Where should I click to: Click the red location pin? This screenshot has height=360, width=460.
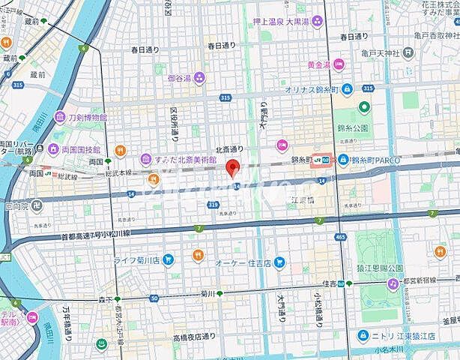(233, 167)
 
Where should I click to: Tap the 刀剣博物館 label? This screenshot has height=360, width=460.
(85, 117)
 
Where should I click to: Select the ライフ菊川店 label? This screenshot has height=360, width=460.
(141, 260)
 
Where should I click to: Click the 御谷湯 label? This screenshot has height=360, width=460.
(180, 76)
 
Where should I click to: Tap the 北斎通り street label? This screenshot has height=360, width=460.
(229, 149)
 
